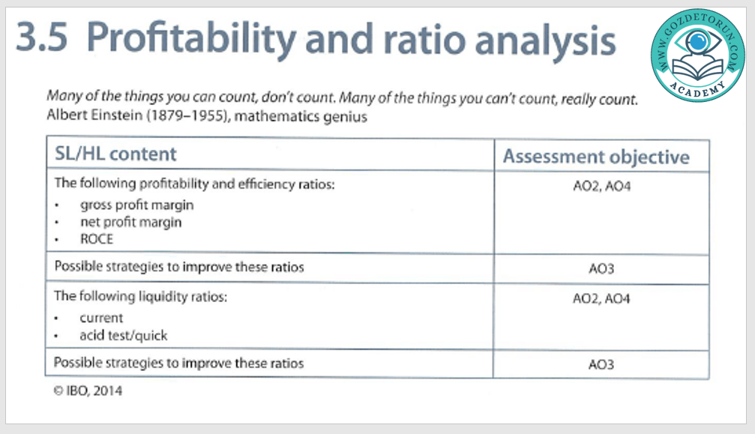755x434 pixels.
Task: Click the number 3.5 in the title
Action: pyautogui.click(x=41, y=37)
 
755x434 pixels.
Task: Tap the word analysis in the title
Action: pyautogui.click(x=546, y=41)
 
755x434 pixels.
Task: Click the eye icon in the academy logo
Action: pyautogui.click(x=698, y=42)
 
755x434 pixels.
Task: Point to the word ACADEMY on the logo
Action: pyautogui.click(x=698, y=89)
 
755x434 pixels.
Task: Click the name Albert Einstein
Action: pyautogui.click(x=94, y=115)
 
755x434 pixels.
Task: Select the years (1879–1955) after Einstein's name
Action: pyautogui.click(x=188, y=116)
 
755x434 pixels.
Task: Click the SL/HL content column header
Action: pyautogui.click(x=115, y=154)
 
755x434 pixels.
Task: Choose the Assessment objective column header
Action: pyautogui.click(x=596, y=157)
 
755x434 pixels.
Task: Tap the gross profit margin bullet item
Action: pyautogui.click(x=136, y=205)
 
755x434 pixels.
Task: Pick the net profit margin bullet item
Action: pyautogui.click(x=131, y=223)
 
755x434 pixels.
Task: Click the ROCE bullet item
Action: pyautogui.click(x=96, y=239)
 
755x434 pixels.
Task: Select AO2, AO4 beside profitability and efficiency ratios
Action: pyautogui.click(x=601, y=186)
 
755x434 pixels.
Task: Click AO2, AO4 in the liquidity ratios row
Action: pyautogui.click(x=601, y=299)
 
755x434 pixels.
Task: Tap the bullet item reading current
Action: pyautogui.click(x=101, y=318)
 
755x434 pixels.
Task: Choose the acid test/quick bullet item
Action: pyautogui.click(x=123, y=335)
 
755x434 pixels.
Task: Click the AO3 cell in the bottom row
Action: pyautogui.click(x=601, y=365)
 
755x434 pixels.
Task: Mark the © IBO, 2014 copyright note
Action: pyautogui.click(x=88, y=391)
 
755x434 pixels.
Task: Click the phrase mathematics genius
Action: pyautogui.click(x=301, y=117)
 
